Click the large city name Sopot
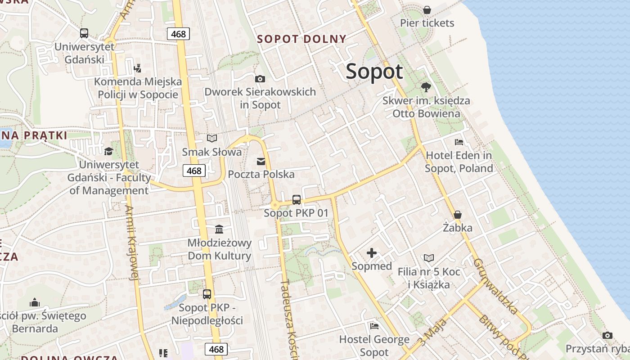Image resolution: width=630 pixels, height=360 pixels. (x=374, y=72)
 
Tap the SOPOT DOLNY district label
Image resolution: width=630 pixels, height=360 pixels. (x=301, y=39)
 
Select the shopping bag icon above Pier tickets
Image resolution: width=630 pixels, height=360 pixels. (x=427, y=9)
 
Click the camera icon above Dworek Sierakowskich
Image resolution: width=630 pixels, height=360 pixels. (x=260, y=79)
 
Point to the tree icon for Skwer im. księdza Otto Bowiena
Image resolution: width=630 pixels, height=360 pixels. (x=426, y=87)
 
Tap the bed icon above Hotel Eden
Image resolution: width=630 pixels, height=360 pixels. (x=459, y=142)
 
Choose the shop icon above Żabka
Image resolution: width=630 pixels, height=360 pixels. (x=458, y=215)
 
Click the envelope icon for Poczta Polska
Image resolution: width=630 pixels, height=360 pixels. (x=261, y=161)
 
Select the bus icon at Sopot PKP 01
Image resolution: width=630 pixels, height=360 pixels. (x=296, y=200)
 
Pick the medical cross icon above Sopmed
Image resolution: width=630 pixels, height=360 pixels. (x=372, y=253)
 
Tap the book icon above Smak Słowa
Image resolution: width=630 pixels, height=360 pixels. (x=211, y=139)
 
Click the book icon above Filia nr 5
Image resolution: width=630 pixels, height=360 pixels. (x=429, y=258)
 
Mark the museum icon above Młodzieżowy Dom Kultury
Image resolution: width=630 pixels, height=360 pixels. (x=219, y=229)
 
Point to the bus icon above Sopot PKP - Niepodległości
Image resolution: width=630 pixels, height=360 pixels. (x=207, y=294)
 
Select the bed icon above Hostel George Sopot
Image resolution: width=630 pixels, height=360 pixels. (x=374, y=326)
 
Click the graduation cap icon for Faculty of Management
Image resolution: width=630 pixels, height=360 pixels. (x=108, y=151)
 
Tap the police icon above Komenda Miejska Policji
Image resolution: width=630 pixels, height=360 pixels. (x=138, y=68)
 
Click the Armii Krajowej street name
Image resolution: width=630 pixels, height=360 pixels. (x=131, y=243)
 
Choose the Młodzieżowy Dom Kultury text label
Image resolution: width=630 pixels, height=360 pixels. (x=219, y=249)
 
